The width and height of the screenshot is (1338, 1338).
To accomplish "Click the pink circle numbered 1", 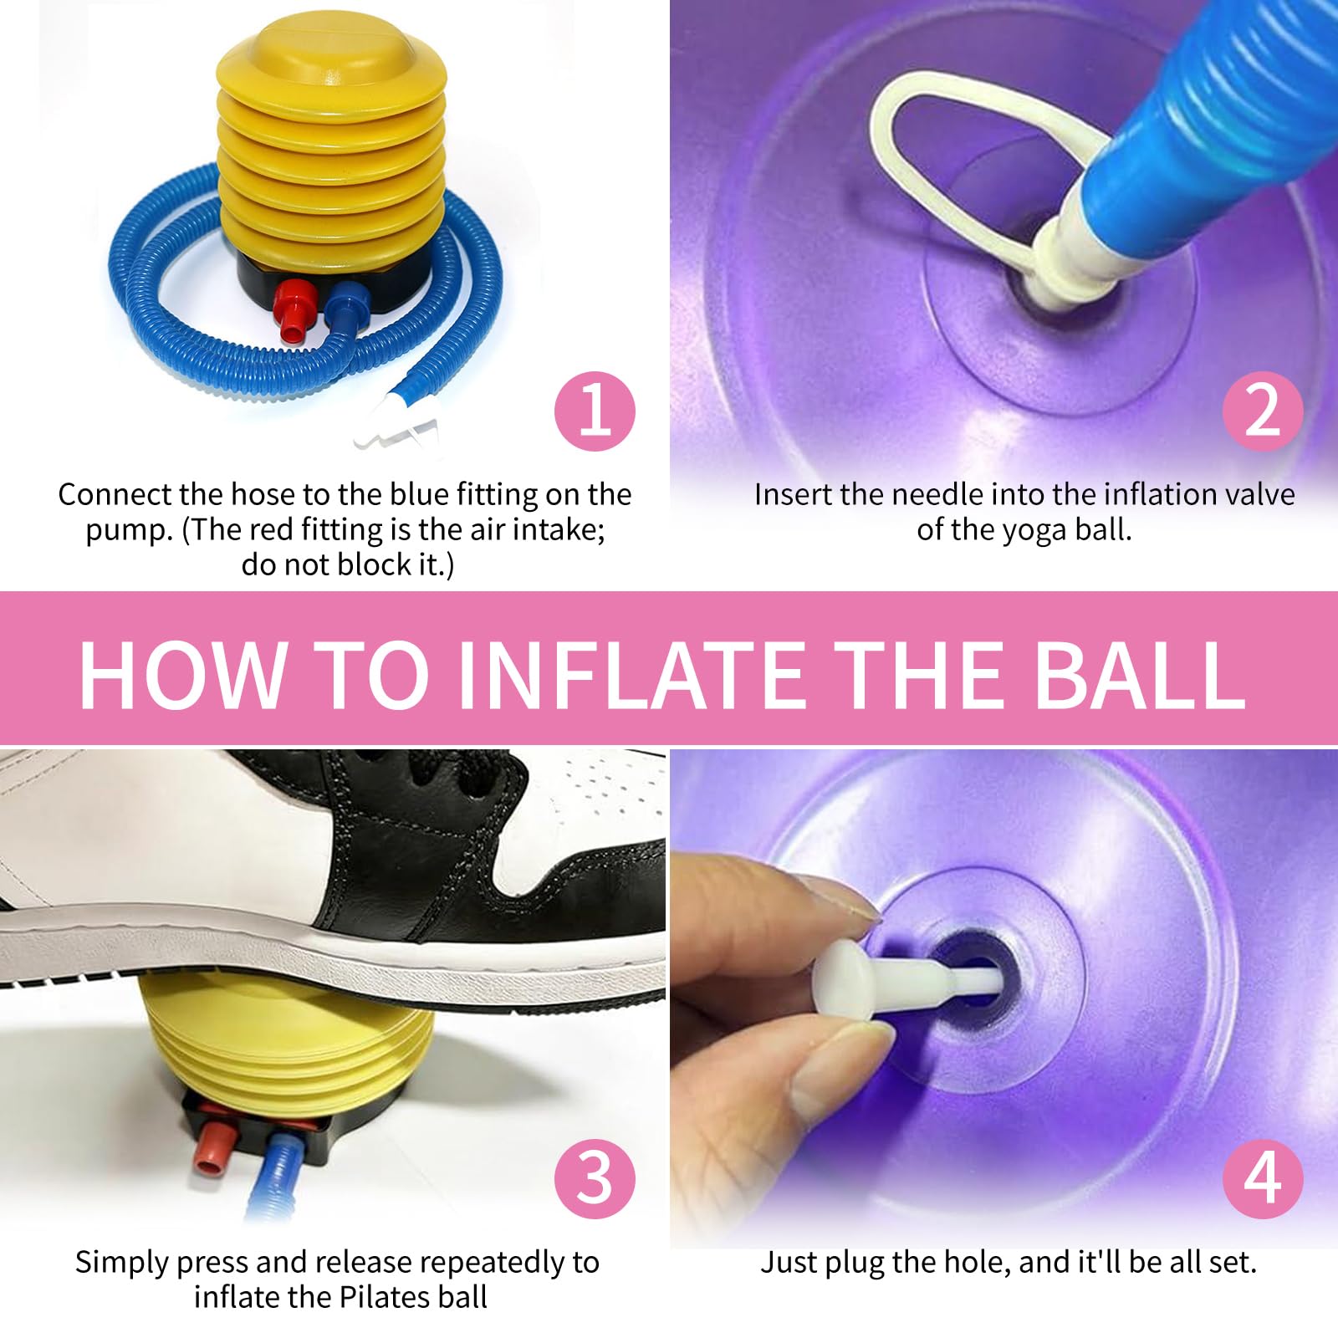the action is pos(595,411).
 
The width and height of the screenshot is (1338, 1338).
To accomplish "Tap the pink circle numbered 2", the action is pos(1262,411).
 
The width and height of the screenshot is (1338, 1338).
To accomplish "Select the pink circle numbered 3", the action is pos(595,1178).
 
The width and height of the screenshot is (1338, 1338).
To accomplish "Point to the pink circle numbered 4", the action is pos(1262,1178).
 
